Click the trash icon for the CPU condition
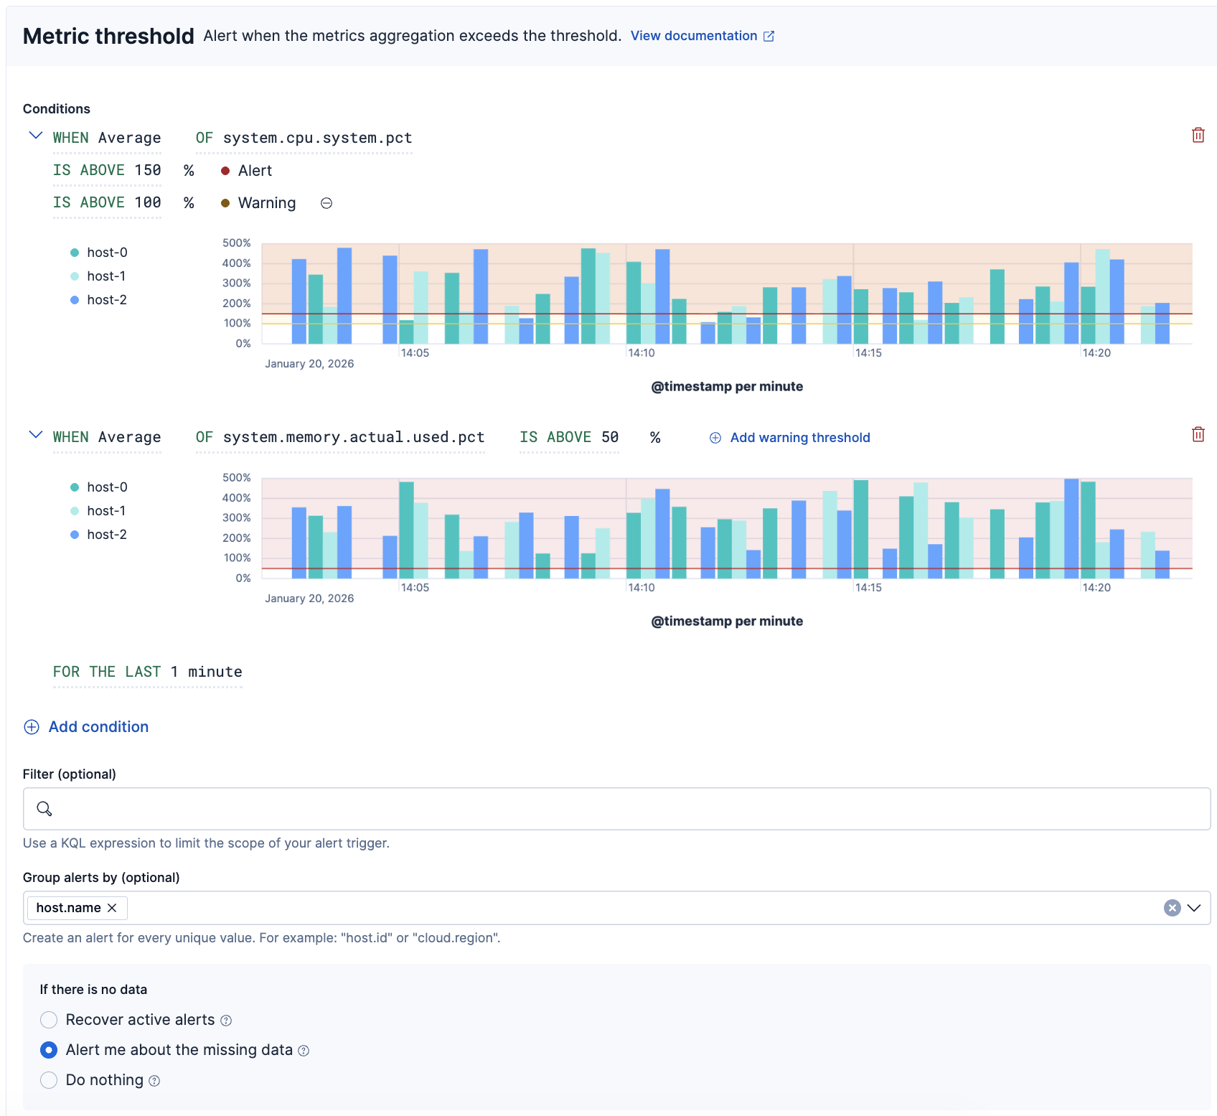1198,135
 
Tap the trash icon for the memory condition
1198,434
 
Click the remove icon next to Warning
326,203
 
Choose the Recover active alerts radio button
49,1020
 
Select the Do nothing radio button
49,1080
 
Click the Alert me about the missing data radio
49,1050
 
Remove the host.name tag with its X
112,908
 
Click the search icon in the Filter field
44,809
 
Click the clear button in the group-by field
1172,908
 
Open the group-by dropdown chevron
1194,908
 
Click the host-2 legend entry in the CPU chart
106,300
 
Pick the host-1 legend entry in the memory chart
105,511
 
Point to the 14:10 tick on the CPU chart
641,353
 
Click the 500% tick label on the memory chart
236,478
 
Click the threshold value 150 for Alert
148,170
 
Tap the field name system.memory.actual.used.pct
354,437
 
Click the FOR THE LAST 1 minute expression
147,672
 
